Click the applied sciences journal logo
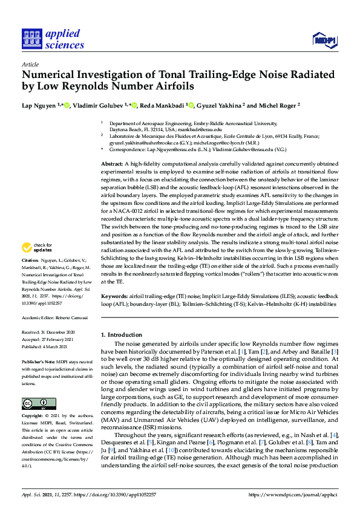pyautogui.click(x=53, y=39)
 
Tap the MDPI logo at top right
pyautogui.click(x=324, y=41)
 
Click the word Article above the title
pyautogui.click(x=30, y=63)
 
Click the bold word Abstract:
pyautogui.click(x=113, y=164)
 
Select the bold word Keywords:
pyautogui.click(x=114, y=296)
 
